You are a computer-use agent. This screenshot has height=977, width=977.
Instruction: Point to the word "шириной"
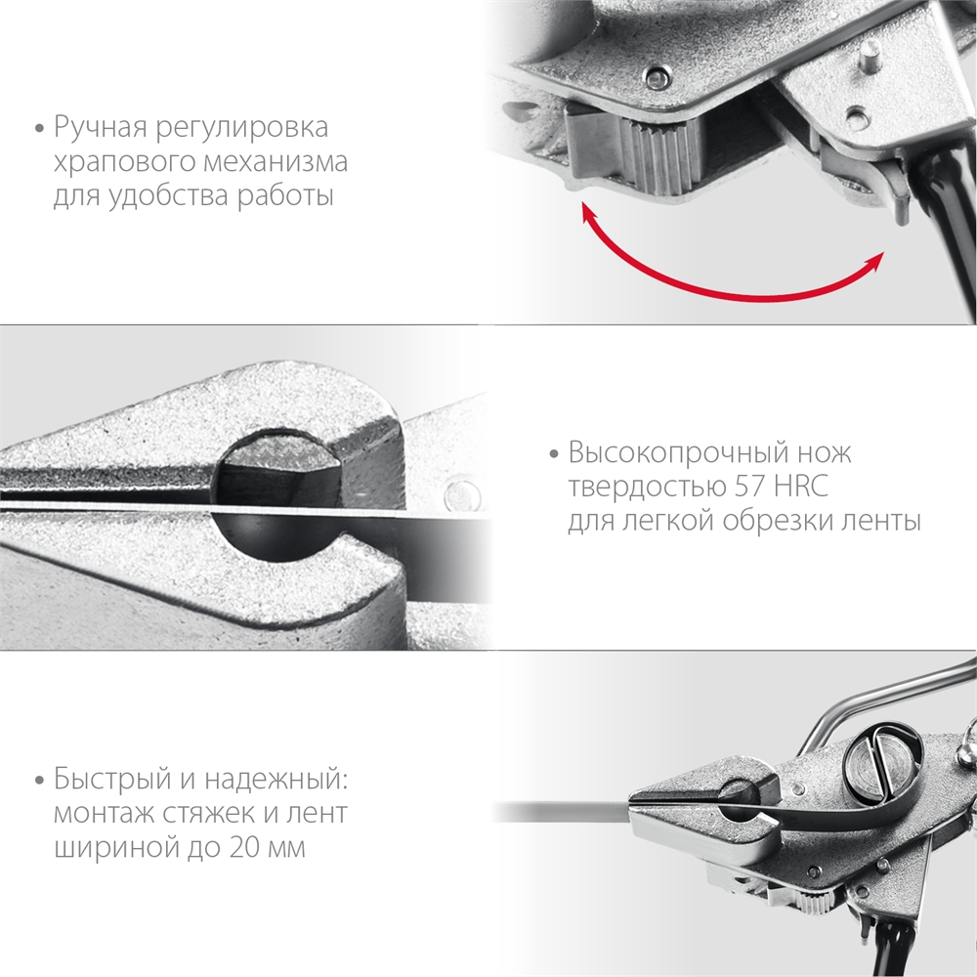coord(107,846)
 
